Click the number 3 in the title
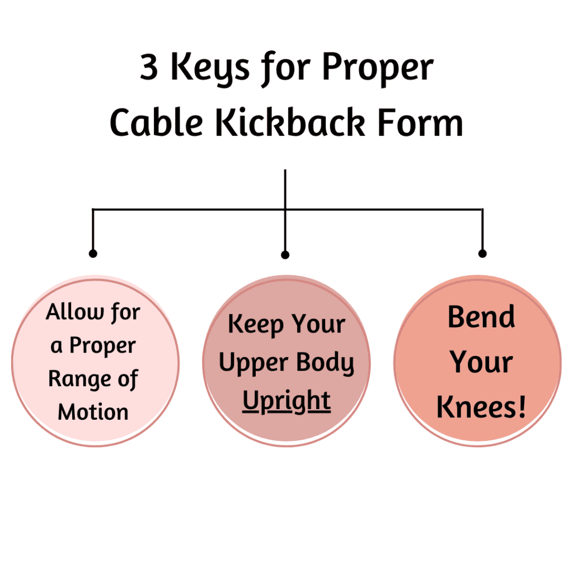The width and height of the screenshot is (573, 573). (x=149, y=67)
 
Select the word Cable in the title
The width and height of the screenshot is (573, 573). (x=157, y=122)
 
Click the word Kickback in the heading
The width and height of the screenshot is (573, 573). (x=290, y=122)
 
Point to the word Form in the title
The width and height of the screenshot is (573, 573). (x=420, y=123)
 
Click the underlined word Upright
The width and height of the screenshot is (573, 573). (x=286, y=401)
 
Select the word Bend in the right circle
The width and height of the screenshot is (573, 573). (x=481, y=317)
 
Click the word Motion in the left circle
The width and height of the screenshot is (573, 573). (x=93, y=412)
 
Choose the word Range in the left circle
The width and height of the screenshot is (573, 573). (x=79, y=379)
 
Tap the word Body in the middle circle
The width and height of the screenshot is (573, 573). (x=325, y=363)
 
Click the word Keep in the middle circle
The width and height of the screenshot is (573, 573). (x=256, y=325)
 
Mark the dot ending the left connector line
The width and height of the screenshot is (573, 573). (x=93, y=253)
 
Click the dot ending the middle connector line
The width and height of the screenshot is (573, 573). (x=285, y=255)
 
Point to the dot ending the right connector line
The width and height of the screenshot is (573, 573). (x=482, y=253)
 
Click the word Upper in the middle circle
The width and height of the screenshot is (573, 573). (x=253, y=363)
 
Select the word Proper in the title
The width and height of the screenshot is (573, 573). (x=378, y=69)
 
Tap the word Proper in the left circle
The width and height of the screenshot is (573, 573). (x=103, y=346)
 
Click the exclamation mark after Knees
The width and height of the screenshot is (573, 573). (x=522, y=406)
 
